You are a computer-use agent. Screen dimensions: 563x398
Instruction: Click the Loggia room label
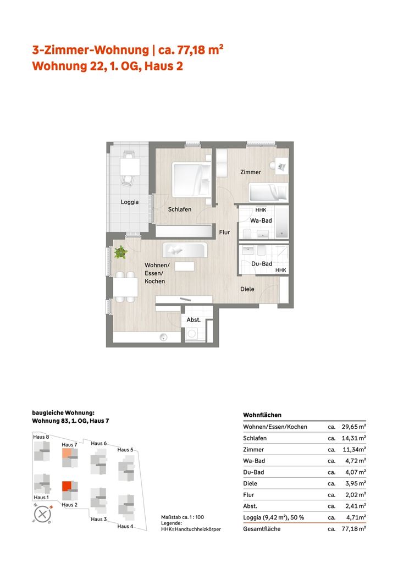130,202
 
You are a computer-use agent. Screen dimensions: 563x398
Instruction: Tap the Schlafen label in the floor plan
180,209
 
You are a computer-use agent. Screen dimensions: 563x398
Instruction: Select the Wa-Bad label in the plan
261,220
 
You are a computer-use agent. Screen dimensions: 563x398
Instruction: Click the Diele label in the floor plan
247,289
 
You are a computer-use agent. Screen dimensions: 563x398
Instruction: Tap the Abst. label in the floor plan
193,319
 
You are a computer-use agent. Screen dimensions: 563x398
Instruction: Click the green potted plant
120,252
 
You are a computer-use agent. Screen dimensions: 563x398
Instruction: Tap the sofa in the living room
185,250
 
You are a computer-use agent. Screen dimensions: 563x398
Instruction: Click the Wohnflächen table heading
262,415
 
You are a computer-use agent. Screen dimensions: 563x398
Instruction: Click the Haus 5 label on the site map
125,450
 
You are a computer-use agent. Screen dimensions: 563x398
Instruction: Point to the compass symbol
42,514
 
